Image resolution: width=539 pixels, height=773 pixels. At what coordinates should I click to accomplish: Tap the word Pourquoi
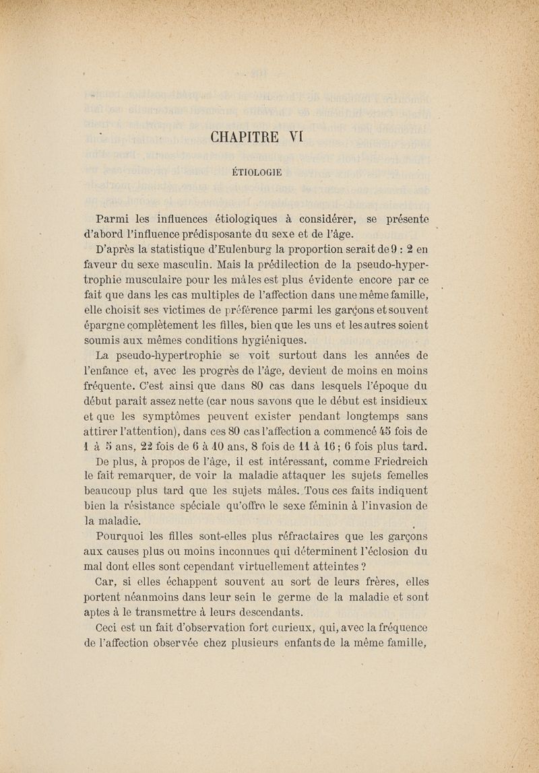(123, 537)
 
